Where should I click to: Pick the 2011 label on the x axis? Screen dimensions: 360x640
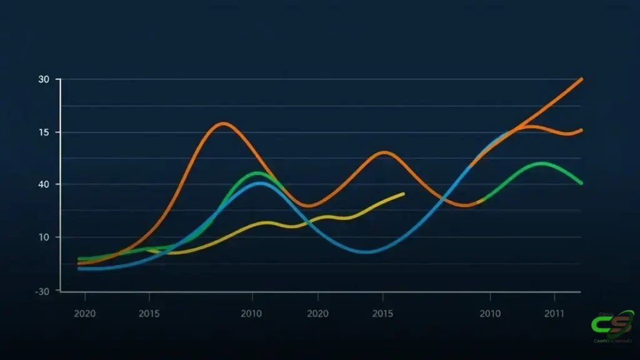point(555,312)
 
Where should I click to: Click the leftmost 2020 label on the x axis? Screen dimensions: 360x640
point(85,312)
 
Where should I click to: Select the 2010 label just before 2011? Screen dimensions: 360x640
point(490,312)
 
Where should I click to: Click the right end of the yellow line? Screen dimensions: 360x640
point(404,194)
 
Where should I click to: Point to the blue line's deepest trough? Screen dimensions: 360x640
point(367,252)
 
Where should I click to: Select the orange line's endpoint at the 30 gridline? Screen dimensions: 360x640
point(581,79)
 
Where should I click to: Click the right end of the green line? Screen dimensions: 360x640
point(581,183)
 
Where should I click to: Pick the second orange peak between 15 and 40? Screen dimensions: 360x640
point(384,152)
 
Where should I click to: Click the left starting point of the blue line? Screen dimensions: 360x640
point(79,269)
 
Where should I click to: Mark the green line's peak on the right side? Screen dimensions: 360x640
point(542,163)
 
